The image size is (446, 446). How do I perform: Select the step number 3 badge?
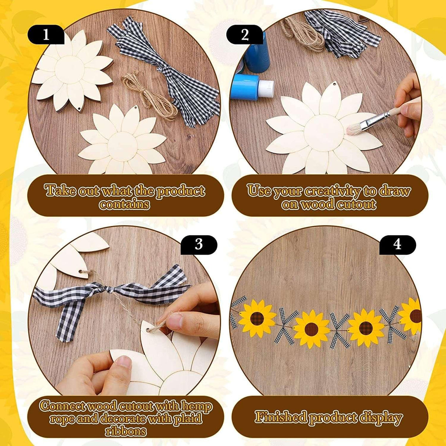[199, 244]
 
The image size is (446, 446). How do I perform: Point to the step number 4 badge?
[397, 244]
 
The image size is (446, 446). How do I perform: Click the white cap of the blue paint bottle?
[265, 88]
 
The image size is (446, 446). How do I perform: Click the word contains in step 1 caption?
[125, 204]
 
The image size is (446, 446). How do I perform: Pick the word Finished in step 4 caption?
[281, 417]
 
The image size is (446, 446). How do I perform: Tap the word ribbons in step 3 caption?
[126, 431]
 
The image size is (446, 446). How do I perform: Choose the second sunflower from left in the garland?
[312, 329]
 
